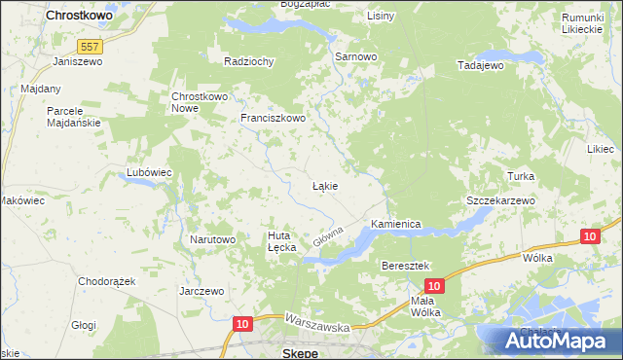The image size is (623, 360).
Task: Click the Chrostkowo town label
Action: click(79, 17)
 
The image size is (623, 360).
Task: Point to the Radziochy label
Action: click(249, 61)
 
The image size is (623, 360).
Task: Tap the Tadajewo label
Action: click(480, 65)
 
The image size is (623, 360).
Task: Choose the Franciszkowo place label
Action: click(274, 119)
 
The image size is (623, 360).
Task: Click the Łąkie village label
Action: click(324, 185)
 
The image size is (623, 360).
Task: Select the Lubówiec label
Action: click(149, 172)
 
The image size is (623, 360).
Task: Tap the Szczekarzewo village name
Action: click(500, 199)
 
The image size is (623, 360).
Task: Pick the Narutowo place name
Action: click(212, 239)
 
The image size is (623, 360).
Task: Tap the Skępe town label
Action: click(299, 352)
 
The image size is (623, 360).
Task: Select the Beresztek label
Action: click(406, 266)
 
